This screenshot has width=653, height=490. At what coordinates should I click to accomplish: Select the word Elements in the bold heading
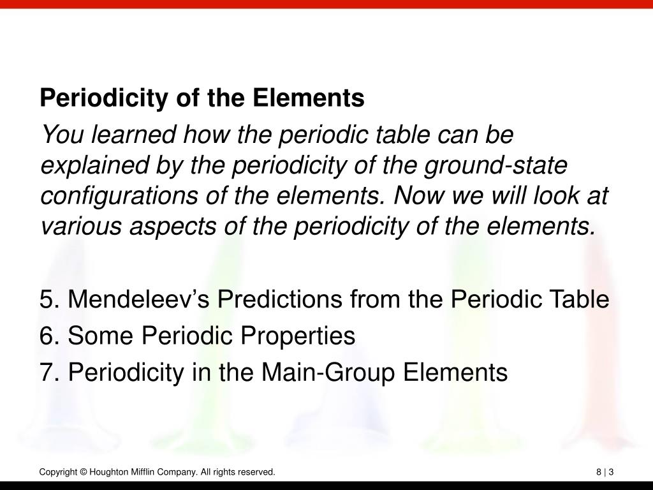pyautogui.click(x=308, y=98)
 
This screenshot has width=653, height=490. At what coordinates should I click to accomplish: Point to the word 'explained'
pyautogui.click(x=94, y=166)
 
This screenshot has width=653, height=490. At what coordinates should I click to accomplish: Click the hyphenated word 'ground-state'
pyautogui.click(x=495, y=166)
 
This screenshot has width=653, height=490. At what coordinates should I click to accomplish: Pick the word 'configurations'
pyautogui.click(x=119, y=197)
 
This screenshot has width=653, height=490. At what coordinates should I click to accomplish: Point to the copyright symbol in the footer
pyautogui.click(x=84, y=472)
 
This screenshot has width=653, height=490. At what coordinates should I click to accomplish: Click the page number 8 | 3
pyautogui.click(x=605, y=472)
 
